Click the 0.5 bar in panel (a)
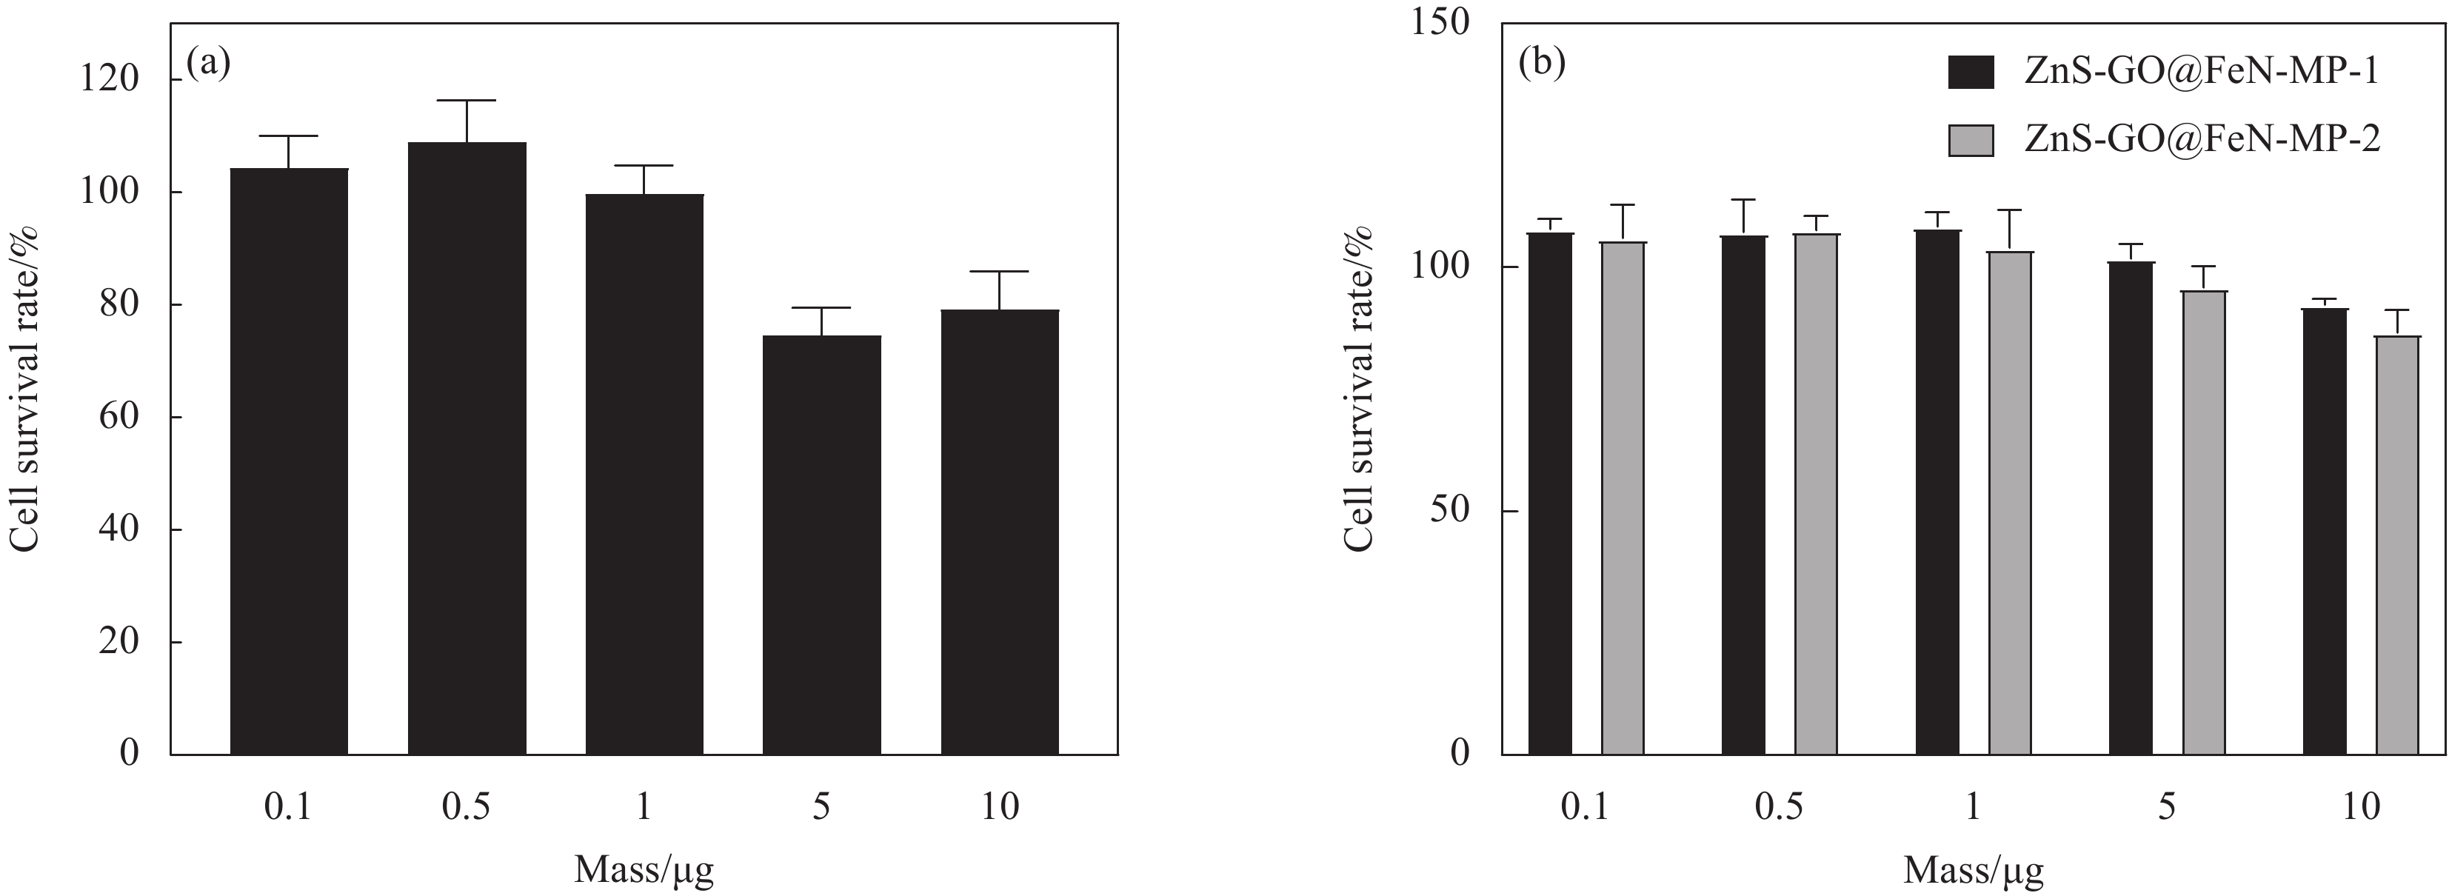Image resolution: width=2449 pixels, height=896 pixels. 467,447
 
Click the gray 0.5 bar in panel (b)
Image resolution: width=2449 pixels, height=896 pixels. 1816,493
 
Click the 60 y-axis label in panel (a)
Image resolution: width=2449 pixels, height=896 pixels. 118,417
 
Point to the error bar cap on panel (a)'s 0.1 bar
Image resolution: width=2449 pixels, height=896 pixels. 289,136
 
